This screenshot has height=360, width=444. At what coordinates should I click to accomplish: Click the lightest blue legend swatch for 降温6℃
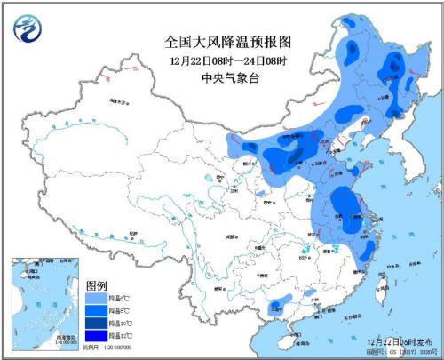click(x=95, y=298)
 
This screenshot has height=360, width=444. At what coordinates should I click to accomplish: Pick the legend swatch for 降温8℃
click(x=95, y=309)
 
